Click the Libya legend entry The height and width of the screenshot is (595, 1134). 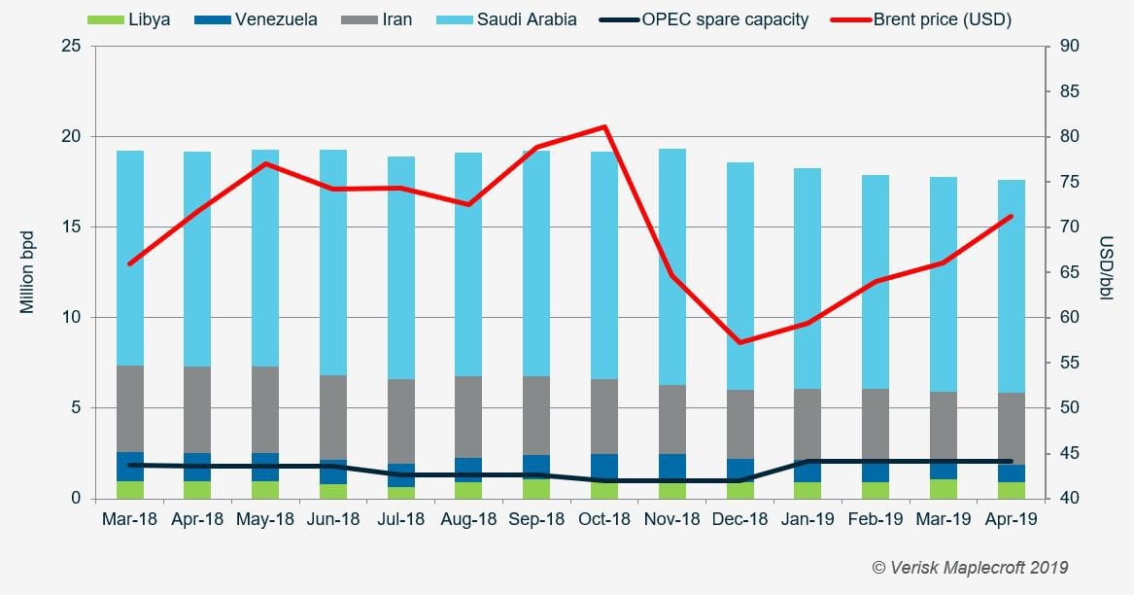point(128,19)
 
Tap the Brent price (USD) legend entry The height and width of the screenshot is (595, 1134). point(928,19)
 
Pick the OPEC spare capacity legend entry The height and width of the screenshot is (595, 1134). point(710,19)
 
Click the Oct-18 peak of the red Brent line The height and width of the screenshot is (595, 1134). point(604,126)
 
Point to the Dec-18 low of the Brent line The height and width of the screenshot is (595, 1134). point(739,342)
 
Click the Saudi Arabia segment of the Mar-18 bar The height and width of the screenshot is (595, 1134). point(130,258)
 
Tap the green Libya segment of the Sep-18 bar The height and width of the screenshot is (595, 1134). point(536,489)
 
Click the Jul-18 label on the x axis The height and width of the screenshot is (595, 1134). point(400,520)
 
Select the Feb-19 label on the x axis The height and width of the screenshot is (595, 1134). point(876,520)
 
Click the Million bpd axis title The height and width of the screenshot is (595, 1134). point(27,272)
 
